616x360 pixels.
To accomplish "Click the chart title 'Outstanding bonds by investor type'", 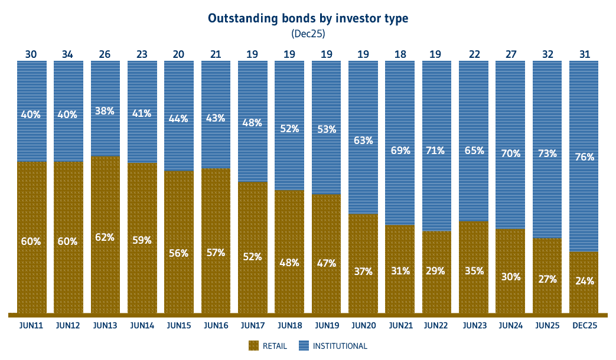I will (x=308, y=18).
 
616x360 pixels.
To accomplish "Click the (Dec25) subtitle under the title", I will (x=308, y=34).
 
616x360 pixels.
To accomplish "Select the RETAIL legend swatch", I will (x=254, y=346).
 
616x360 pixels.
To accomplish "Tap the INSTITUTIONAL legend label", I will (x=340, y=346).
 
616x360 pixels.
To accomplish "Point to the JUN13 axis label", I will (x=105, y=325).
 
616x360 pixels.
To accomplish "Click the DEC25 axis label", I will (x=585, y=325).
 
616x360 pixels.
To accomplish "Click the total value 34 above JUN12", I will (x=68, y=54).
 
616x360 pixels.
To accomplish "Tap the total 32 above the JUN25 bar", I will (x=547, y=54).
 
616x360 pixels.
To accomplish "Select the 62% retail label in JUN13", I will (x=105, y=237).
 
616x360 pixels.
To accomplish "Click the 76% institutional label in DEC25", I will (x=585, y=156).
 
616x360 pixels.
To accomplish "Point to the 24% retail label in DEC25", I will (x=585, y=281).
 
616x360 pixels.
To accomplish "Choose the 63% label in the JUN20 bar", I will (x=363, y=140).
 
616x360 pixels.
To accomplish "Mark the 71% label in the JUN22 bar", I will (x=437, y=150).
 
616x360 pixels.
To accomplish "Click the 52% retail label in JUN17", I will (x=252, y=257).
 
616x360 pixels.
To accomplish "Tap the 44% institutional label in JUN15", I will (x=178, y=118).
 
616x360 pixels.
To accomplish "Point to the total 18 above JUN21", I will (x=400, y=54).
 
